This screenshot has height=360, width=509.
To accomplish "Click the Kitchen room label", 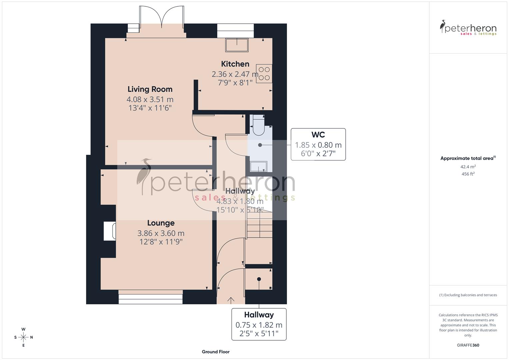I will coord(235,64).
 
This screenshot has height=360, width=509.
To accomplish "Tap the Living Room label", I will coord(150,89).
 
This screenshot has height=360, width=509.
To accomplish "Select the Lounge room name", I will coord(161,223).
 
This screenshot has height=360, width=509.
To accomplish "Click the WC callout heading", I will coord(318,135).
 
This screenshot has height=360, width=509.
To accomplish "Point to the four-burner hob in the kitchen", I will coord(264,74).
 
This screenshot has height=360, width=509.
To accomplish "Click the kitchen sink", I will coord(237,45).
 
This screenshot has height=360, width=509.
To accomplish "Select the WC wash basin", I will coord(258,166).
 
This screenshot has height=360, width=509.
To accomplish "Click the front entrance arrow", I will coord(230,300).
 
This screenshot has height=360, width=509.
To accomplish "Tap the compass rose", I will coord(23,337).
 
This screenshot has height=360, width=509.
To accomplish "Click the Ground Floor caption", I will coord(216,352).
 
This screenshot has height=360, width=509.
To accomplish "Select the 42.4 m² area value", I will coord(468,167).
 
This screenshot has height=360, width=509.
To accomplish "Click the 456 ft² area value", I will coord(468,174).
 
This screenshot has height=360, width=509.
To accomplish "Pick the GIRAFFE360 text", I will coord(468,345).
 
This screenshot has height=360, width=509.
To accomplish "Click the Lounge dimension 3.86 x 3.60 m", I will coord(161,233).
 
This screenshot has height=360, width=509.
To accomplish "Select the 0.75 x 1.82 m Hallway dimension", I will coord(259,325).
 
